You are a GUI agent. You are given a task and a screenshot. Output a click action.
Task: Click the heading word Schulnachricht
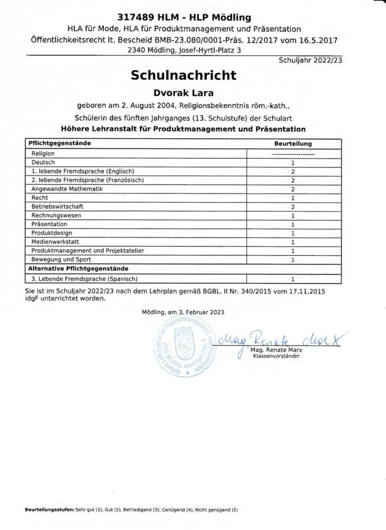tap(184, 76)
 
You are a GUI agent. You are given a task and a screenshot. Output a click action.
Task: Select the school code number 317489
tap(136, 18)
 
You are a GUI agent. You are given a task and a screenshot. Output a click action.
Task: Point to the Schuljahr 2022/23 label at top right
tap(310, 60)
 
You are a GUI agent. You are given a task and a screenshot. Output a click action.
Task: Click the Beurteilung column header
tap(293, 144)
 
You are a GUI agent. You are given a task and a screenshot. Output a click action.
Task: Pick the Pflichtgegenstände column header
tap(62, 143)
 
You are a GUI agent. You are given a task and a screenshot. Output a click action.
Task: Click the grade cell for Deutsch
tap(293, 163)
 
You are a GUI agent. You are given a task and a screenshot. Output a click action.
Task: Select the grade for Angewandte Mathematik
tap(293, 189)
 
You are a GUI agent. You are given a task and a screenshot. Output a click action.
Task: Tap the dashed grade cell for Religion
tap(293, 154)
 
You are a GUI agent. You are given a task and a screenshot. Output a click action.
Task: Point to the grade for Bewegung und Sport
tap(293, 260)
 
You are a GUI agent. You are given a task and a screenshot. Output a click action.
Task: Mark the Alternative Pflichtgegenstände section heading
tap(78, 269)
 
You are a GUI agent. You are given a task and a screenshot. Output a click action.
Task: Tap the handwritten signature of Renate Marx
tap(282, 340)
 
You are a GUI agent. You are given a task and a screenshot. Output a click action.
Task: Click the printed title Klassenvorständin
tap(276, 357)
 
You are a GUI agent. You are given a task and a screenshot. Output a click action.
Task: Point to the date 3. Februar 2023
tap(201, 312)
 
